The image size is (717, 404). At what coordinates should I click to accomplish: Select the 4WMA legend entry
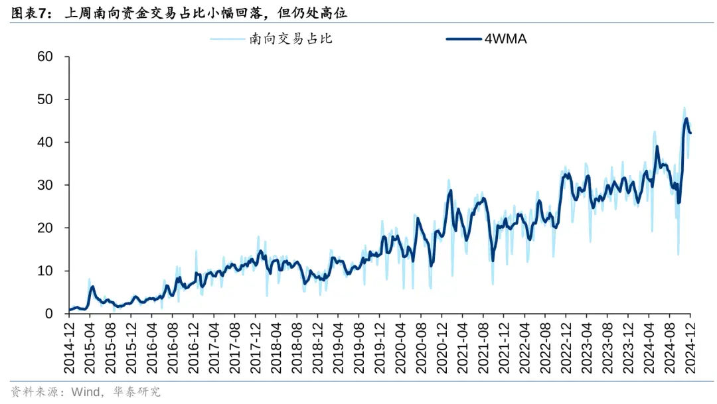tap(505, 39)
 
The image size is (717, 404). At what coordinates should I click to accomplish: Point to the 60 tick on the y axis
tap(45, 56)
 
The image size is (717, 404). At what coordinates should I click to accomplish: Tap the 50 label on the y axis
tap(45, 100)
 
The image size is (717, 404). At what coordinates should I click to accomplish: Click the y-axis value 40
tap(45, 142)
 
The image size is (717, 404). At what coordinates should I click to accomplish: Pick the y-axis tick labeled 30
tap(45, 185)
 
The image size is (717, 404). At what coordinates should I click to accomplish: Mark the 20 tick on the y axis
tap(45, 228)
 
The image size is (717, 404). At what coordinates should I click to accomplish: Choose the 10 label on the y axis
tap(45, 271)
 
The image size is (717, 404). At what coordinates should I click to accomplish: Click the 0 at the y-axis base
tap(49, 314)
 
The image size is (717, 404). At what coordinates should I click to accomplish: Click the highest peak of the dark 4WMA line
tap(686, 119)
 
